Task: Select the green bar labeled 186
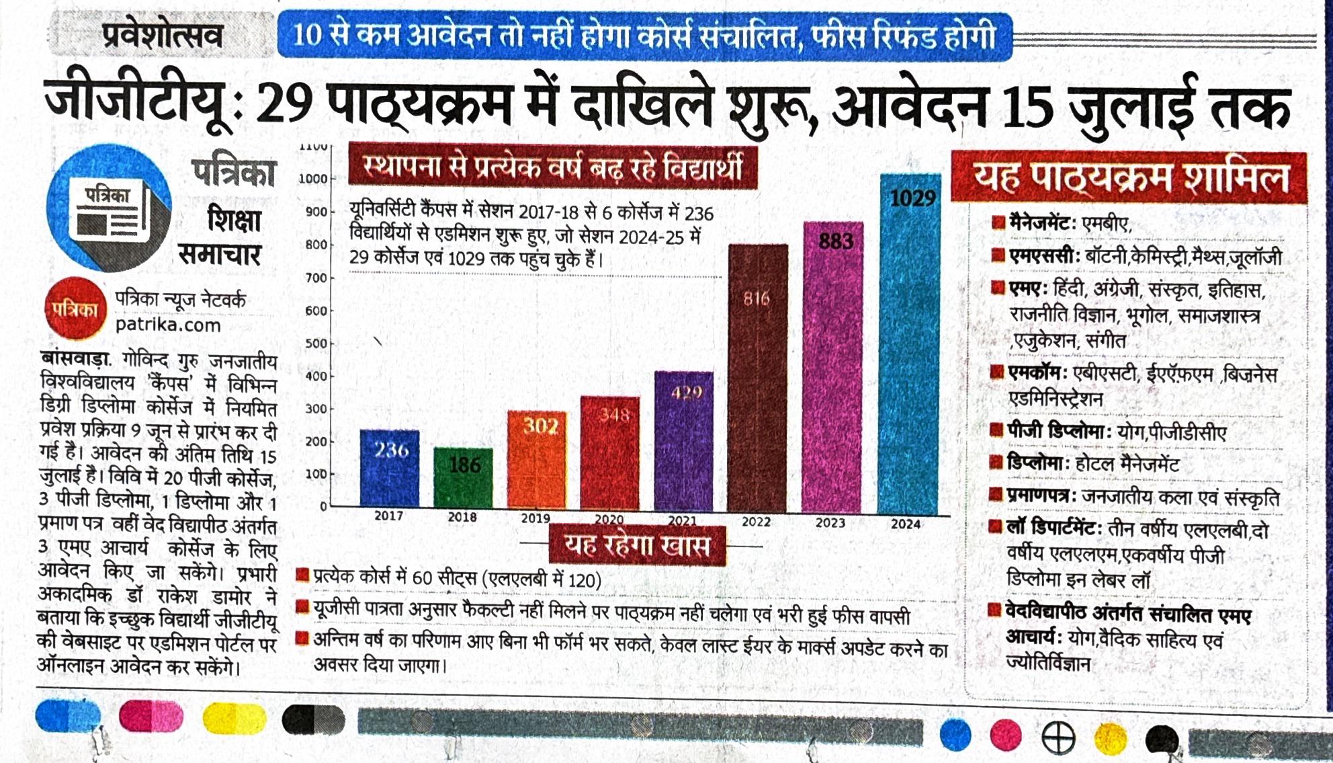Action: point(463,478)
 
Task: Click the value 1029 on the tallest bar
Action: point(912,198)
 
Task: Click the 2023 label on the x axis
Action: point(830,522)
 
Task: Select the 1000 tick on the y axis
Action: point(312,179)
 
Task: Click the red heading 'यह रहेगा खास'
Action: point(637,545)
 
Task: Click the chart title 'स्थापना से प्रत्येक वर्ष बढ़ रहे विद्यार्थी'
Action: point(552,167)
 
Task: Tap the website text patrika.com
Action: point(168,325)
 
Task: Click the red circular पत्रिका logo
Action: point(76,309)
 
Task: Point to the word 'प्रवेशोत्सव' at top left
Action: point(163,36)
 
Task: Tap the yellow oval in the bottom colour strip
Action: point(234,718)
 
